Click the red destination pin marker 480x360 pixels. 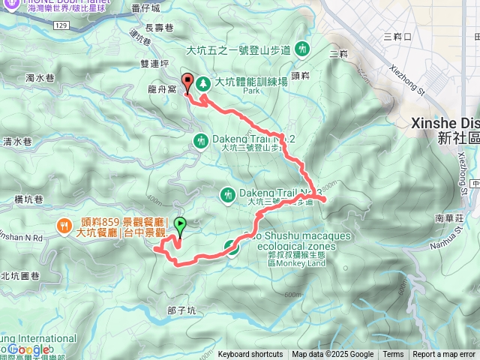(187, 83)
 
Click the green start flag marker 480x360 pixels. (180, 224)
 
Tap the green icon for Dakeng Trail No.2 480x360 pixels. (201, 140)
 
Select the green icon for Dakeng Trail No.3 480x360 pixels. (227, 195)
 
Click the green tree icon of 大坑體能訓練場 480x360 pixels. (203, 83)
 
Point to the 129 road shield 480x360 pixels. (62, 25)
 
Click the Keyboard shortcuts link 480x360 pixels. (250, 355)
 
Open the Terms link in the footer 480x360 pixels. (393, 355)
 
